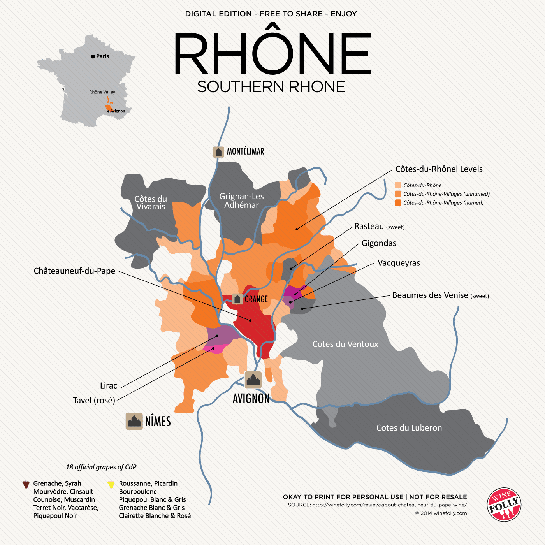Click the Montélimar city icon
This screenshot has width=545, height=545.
[218, 152]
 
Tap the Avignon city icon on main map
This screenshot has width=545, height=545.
[253, 380]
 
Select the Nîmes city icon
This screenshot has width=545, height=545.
[134, 421]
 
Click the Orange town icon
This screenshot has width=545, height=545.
[237, 299]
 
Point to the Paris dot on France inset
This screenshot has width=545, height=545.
[93, 56]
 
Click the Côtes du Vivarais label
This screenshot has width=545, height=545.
[151, 203]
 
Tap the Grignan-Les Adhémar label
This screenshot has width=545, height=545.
[241, 201]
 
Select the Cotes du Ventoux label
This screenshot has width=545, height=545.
[345, 344]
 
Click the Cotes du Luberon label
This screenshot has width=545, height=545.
[409, 428]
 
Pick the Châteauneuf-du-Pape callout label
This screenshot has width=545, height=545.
[74, 271]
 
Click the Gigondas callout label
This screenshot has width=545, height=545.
[379, 243]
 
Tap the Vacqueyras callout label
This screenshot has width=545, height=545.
[399, 263]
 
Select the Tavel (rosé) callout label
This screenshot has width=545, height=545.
[94, 401]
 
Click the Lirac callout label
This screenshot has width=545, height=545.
[109, 386]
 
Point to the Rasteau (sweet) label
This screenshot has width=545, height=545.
[379, 227]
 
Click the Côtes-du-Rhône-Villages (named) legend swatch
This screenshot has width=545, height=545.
[398, 203]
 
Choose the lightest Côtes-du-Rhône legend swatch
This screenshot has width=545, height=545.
[398, 185]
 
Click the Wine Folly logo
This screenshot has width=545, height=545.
[504, 505]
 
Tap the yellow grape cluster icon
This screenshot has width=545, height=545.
[111, 484]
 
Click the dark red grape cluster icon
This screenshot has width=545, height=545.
[26, 484]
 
